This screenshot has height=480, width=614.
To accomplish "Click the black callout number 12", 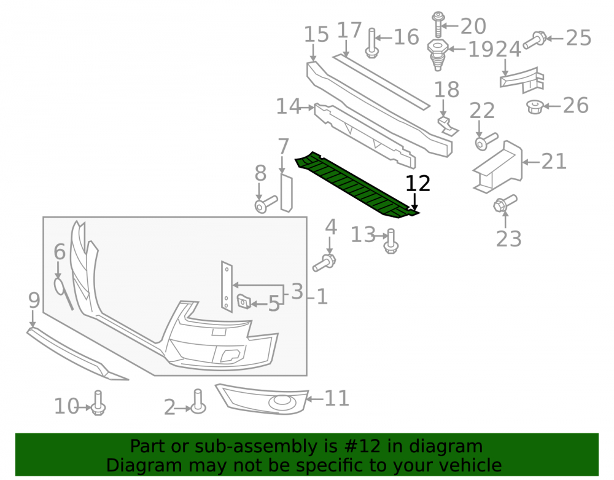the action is pos(418,184).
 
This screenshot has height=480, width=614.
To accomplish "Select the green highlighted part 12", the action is pos(356,184).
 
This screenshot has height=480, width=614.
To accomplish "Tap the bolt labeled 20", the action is pos(438,25).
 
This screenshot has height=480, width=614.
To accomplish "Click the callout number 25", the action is pos(578,38).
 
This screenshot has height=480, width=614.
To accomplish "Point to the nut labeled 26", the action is pos(535,106).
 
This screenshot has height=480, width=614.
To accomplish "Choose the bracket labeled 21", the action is pos(498,167).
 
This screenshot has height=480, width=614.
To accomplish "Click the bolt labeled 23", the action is pos(505,203).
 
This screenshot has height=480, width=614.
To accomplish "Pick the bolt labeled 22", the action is pos(486,141).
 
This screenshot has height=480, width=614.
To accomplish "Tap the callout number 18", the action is pos(447,90).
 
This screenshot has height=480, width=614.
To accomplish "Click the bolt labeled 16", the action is pos(371,43).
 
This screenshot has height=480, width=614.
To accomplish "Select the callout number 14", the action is pos(289,106).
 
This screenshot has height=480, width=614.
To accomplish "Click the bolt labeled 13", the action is pos(391,241).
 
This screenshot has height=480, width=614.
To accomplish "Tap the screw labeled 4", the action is pos(324,262).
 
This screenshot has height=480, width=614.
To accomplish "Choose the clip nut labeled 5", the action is pos(244,301).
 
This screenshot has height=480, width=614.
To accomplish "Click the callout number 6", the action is pos(60,251).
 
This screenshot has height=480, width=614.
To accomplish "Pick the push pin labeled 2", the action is pos(198,401).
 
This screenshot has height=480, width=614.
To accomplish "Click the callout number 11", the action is pos(336,398).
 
